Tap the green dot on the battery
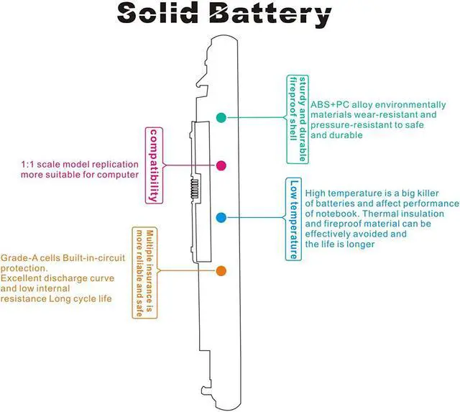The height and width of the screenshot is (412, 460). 221,116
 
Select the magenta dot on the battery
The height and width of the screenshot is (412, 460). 221,165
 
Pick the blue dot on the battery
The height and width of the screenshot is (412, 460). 221,217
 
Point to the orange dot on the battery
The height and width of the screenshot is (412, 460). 221,271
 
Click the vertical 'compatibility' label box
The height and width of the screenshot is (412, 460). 152,165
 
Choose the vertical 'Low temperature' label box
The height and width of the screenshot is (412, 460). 293,219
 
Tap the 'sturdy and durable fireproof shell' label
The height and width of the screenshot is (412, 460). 298,118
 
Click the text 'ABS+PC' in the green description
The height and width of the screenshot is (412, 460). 328,104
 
